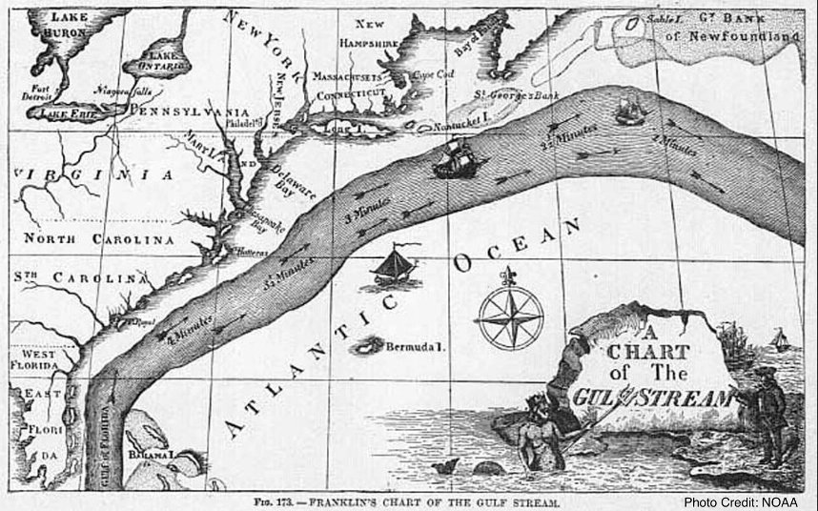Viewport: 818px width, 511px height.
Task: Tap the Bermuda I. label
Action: pyautogui.click(x=415, y=347)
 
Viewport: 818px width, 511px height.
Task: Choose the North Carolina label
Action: pyautogui.click(x=99, y=238)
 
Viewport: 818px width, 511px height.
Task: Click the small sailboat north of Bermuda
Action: pyautogui.click(x=395, y=265)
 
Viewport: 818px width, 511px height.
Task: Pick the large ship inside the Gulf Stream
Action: pyautogui.click(x=455, y=158)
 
